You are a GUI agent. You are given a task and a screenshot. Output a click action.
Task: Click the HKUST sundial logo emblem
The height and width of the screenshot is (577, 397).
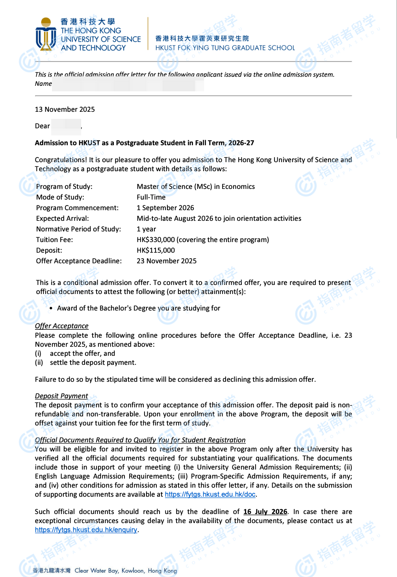46,35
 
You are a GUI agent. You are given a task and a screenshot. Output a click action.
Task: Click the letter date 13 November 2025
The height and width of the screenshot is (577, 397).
65,109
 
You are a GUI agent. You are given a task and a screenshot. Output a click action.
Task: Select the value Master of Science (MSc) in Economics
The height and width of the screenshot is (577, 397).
196,187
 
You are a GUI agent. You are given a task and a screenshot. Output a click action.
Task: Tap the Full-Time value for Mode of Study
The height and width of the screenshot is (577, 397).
151,197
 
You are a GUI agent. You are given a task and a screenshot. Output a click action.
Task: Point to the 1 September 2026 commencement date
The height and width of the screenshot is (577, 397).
165,208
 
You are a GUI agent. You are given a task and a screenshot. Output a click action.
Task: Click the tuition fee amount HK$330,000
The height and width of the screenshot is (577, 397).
156,240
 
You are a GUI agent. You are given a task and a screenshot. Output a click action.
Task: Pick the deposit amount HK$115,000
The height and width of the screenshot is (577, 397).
156,250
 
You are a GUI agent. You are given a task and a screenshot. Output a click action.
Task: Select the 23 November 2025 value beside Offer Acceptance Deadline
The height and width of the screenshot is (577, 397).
167,261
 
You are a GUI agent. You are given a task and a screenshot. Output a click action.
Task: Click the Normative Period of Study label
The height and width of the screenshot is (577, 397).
79,229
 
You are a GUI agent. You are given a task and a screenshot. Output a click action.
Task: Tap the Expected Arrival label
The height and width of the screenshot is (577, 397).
63,218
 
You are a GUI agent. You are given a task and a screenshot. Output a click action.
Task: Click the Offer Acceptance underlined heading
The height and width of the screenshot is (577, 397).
62,326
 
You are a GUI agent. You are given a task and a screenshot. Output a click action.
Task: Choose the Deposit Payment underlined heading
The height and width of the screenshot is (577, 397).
61,396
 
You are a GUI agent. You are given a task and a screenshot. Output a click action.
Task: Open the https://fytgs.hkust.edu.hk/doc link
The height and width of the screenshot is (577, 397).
210,494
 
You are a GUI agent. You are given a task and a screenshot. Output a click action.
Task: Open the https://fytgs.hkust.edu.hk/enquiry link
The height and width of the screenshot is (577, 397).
86,530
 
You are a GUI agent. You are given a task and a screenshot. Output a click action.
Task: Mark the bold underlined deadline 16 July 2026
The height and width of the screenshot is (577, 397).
265,512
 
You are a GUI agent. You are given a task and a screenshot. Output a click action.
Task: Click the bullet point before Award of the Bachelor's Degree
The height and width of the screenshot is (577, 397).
51,309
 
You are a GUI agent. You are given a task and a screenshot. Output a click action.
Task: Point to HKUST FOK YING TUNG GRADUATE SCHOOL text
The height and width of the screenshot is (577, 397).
225,48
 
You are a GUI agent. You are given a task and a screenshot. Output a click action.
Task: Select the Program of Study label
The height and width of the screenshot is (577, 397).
64,187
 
